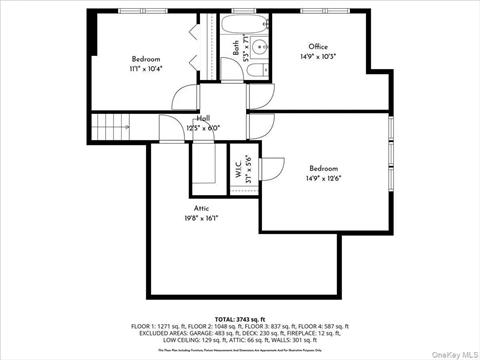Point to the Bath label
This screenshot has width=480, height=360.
pos(237,46)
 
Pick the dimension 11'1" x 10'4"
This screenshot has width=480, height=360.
pos(146,69)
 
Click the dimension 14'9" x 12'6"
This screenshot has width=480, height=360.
pos(324,179)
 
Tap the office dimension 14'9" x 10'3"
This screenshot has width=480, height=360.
pos(318,56)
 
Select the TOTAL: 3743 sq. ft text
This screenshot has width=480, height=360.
pos(239,317)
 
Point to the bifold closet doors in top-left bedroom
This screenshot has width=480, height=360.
pos(211,45)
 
